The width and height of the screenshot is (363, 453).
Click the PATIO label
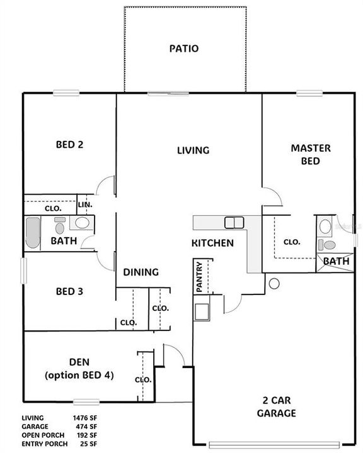[x=184, y=48]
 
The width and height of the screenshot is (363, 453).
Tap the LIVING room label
[x=192, y=150]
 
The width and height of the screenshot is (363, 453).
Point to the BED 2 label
[x=70, y=144]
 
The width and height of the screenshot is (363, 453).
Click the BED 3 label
[x=70, y=292]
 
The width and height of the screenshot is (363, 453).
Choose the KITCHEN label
[x=213, y=243]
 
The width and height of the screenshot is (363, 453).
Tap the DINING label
[x=141, y=272]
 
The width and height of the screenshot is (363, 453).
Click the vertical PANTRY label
[x=200, y=277]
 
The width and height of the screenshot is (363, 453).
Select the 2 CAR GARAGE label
[x=277, y=407]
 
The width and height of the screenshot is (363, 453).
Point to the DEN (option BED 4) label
[x=79, y=368]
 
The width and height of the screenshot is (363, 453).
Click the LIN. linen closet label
[x=84, y=205]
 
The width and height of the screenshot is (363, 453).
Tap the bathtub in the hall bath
[x=33, y=233]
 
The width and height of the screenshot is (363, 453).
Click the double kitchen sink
[x=234, y=222]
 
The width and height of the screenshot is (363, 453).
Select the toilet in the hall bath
[x=60, y=225]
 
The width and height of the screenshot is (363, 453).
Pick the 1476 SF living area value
[x=84, y=417]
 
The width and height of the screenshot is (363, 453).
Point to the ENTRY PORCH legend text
[x=43, y=443]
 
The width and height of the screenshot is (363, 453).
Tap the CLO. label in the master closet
[x=291, y=242]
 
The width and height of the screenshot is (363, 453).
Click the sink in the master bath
[x=325, y=226]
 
